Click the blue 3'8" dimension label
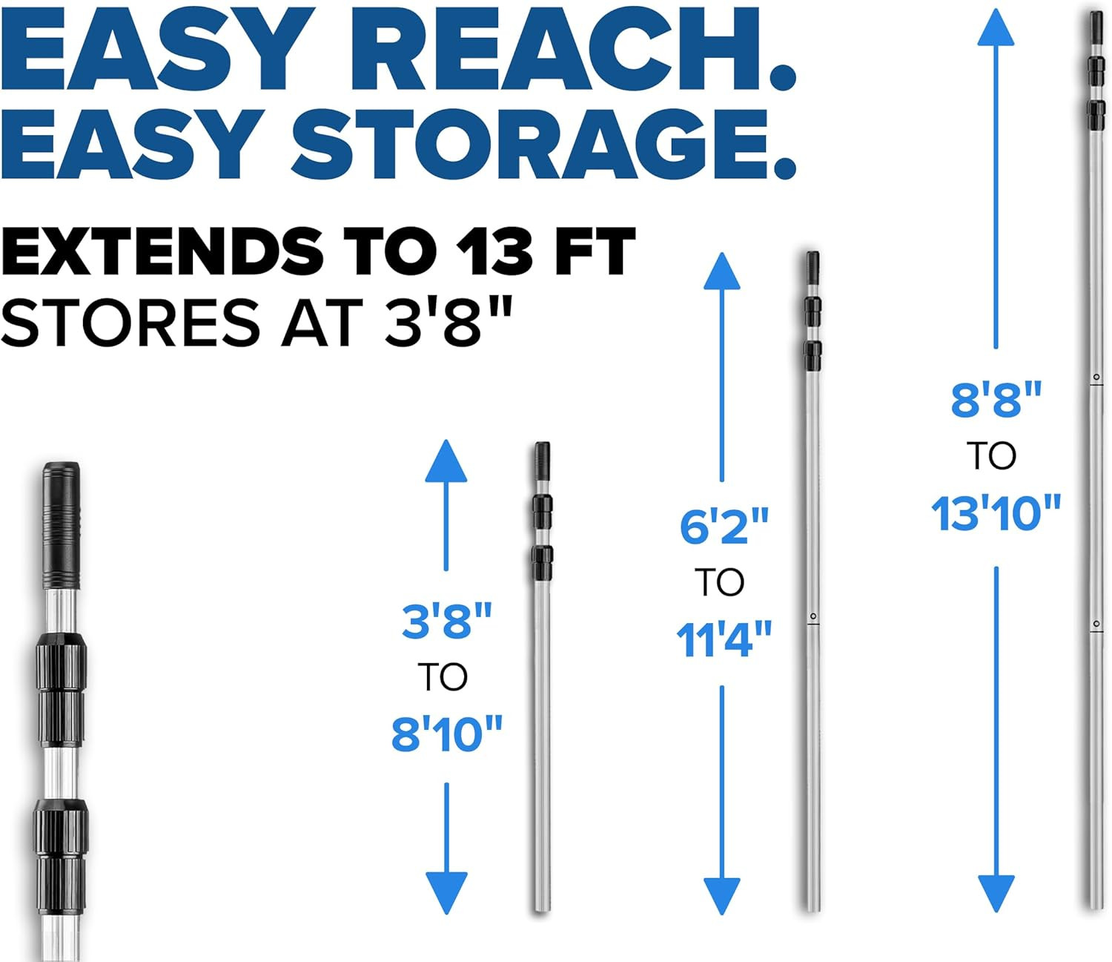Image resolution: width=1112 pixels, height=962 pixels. [x=446, y=621]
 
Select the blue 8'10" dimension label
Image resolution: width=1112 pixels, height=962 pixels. [x=446, y=734]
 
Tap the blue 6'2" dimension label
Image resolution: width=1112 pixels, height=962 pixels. [x=724, y=526]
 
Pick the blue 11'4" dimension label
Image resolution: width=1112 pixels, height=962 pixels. [x=724, y=639]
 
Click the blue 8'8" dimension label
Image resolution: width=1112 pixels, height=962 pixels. [x=996, y=399]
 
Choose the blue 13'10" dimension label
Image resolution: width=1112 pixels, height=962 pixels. [x=996, y=513]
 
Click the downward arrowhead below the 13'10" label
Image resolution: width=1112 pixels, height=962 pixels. [x=996, y=894]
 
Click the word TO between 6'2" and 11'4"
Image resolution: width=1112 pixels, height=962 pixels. [x=719, y=582]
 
